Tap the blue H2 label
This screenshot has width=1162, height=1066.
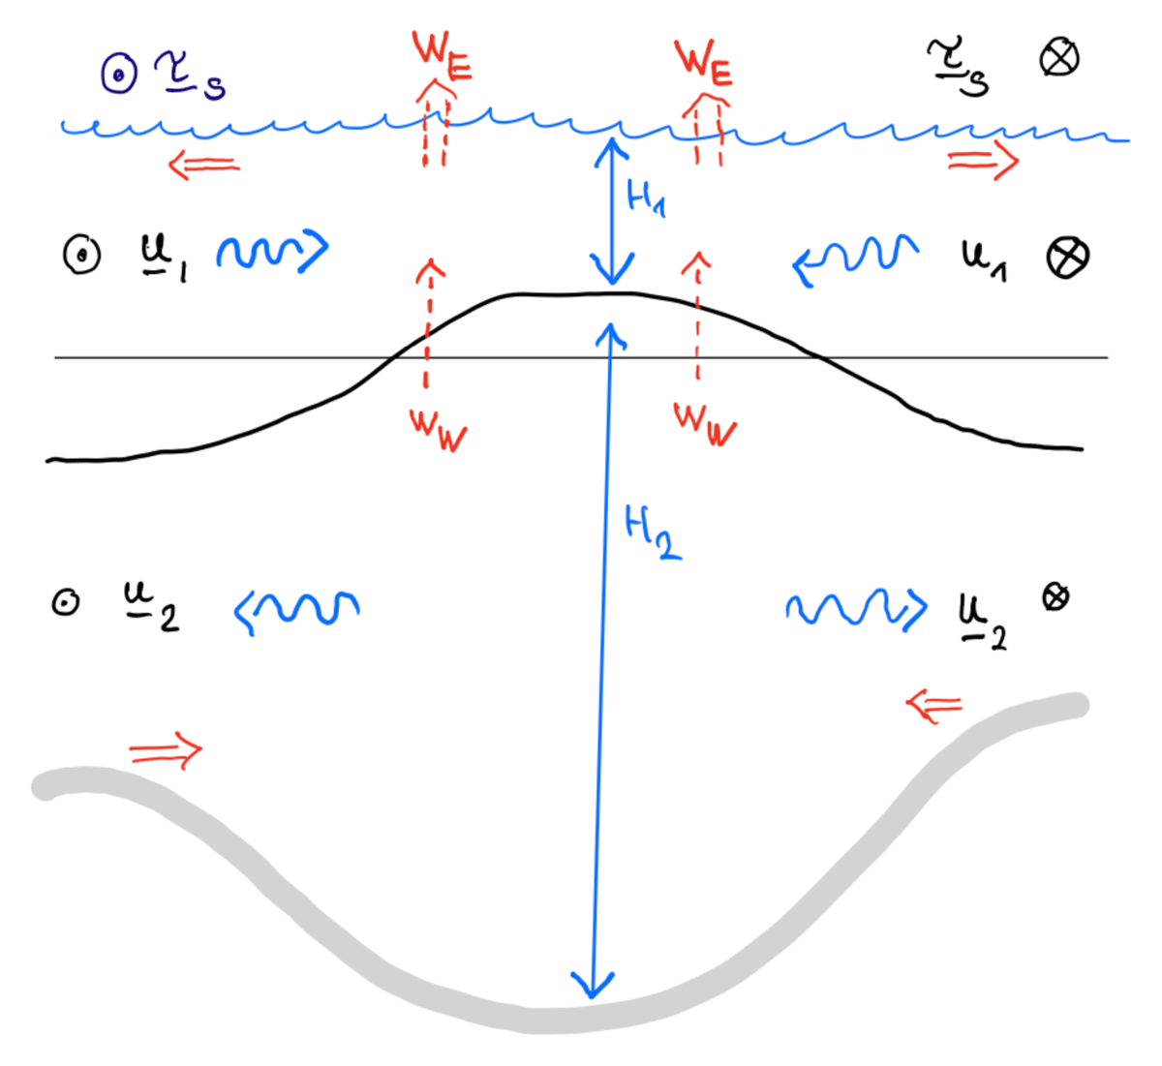point(653,533)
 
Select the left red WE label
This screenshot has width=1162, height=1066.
point(442,55)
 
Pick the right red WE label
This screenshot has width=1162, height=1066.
point(703,63)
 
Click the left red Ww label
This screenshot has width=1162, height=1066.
point(438,430)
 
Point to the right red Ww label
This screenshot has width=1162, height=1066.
point(705,425)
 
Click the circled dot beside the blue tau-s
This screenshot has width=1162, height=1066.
point(119,75)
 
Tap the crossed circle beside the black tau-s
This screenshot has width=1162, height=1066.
point(1059,58)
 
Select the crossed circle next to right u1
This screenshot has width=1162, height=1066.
point(1067,258)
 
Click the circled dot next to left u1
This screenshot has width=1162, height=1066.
point(81,254)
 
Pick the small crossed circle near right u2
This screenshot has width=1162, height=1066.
point(1055,597)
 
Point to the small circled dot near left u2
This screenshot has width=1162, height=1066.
point(66,602)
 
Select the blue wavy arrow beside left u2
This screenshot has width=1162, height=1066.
point(296,612)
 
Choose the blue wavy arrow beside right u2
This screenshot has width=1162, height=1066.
point(856,609)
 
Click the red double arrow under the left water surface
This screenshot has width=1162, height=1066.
point(204,165)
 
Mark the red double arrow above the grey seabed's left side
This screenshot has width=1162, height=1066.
point(166,750)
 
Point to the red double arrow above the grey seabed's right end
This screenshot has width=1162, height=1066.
point(933,705)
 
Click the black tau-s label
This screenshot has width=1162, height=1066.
point(958,66)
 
